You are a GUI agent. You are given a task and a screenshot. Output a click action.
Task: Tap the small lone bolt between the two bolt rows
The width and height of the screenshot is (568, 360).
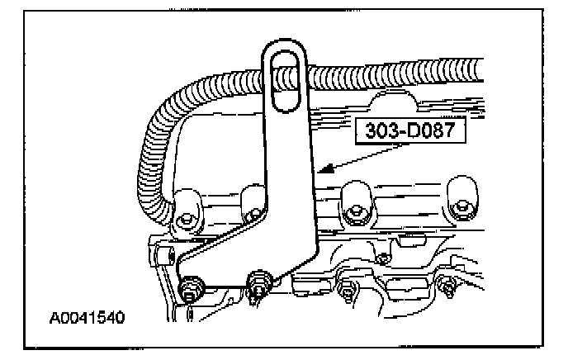(381, 259)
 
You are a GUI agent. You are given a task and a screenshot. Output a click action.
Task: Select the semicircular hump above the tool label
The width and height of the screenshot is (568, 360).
(394, 101)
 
